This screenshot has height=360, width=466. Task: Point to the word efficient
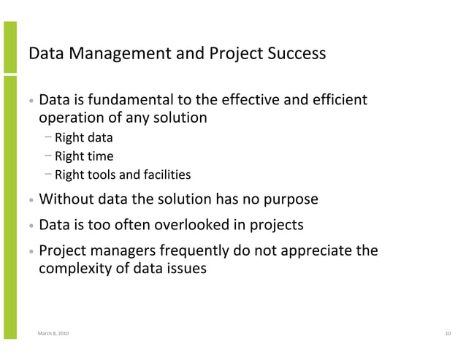point(342,99)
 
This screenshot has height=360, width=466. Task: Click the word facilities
point(167,175)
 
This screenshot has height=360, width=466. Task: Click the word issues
point(187,269)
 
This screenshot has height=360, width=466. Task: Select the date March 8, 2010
point(54,334)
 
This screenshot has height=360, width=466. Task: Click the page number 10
point(448,334)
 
